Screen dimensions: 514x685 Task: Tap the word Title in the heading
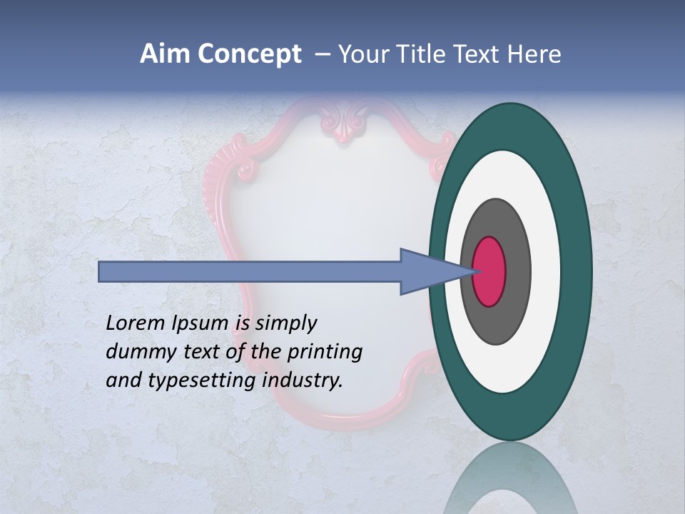(413, 54)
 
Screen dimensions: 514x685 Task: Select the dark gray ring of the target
(517, 271)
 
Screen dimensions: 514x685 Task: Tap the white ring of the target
(545, 271)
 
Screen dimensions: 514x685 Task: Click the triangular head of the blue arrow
(428, 271)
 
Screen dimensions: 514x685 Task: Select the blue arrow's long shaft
(250, 271)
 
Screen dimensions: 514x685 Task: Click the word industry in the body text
(303, 381)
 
